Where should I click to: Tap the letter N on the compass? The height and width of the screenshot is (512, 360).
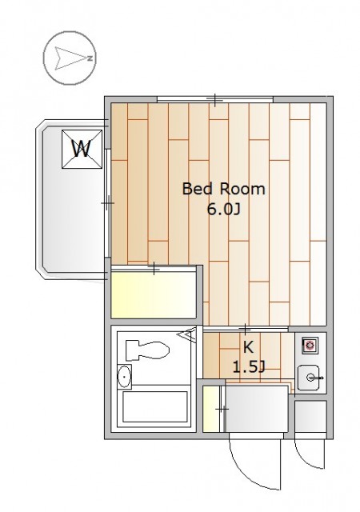(90, 58)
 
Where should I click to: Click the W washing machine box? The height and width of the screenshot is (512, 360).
(82, 150)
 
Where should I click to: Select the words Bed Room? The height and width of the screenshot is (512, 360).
(223, 189)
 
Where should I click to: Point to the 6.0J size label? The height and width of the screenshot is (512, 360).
(223, 210)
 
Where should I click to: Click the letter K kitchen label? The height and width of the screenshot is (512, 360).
(248, 347)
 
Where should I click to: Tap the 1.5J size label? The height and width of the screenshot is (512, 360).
(248, 367)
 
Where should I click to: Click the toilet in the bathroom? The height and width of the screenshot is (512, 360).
(147, 350)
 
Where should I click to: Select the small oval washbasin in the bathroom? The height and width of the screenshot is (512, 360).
(124, 377)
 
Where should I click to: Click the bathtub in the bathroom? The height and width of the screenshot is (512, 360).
(155, 406)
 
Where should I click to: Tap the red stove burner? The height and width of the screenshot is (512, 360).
(310, 346)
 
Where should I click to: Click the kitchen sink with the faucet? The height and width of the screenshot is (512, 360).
(309, 378)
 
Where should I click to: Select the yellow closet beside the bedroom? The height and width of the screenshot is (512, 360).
(154, 294)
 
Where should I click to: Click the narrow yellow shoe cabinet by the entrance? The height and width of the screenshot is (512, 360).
(211, 409)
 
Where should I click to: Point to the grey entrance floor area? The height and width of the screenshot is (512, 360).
(257, 409)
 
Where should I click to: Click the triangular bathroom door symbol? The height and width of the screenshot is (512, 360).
(187, 334)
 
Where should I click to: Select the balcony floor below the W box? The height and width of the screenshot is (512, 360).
(74, 218)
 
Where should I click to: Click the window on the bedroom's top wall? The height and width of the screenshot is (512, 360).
(215, 99)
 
